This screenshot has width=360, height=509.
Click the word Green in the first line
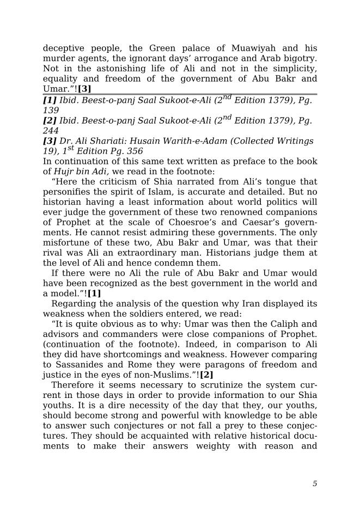pyautogui.click(x=162, y=48)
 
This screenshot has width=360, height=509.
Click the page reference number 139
pyautogui.click(x=51, y=110)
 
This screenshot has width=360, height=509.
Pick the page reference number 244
pyautogui.click(x=51, y=131)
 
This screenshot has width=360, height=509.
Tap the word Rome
pyautogui.click(x=136, y=365)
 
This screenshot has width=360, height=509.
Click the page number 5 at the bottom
pyautogui.click(x=315, y=483)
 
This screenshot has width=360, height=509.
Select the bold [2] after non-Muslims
pyautogui.click(x=206, y=375)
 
